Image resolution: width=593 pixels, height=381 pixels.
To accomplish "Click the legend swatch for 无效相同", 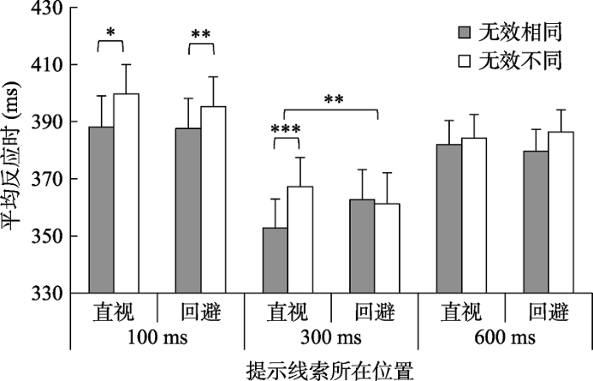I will pos(464,33).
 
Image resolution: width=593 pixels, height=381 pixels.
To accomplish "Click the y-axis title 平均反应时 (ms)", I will pos(14,151).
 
